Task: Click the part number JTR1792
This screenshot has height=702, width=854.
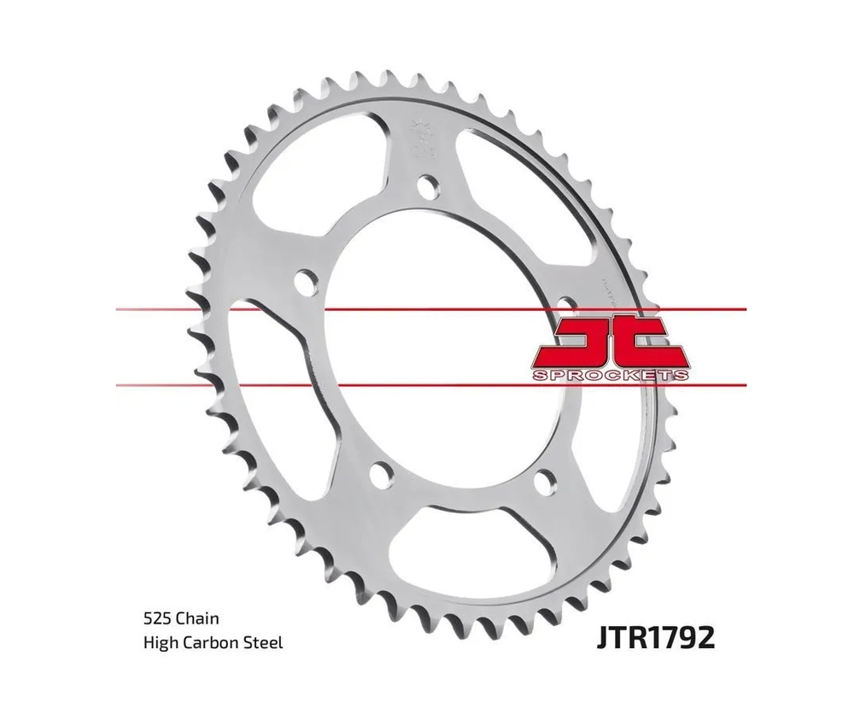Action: click(x=650, y=638)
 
